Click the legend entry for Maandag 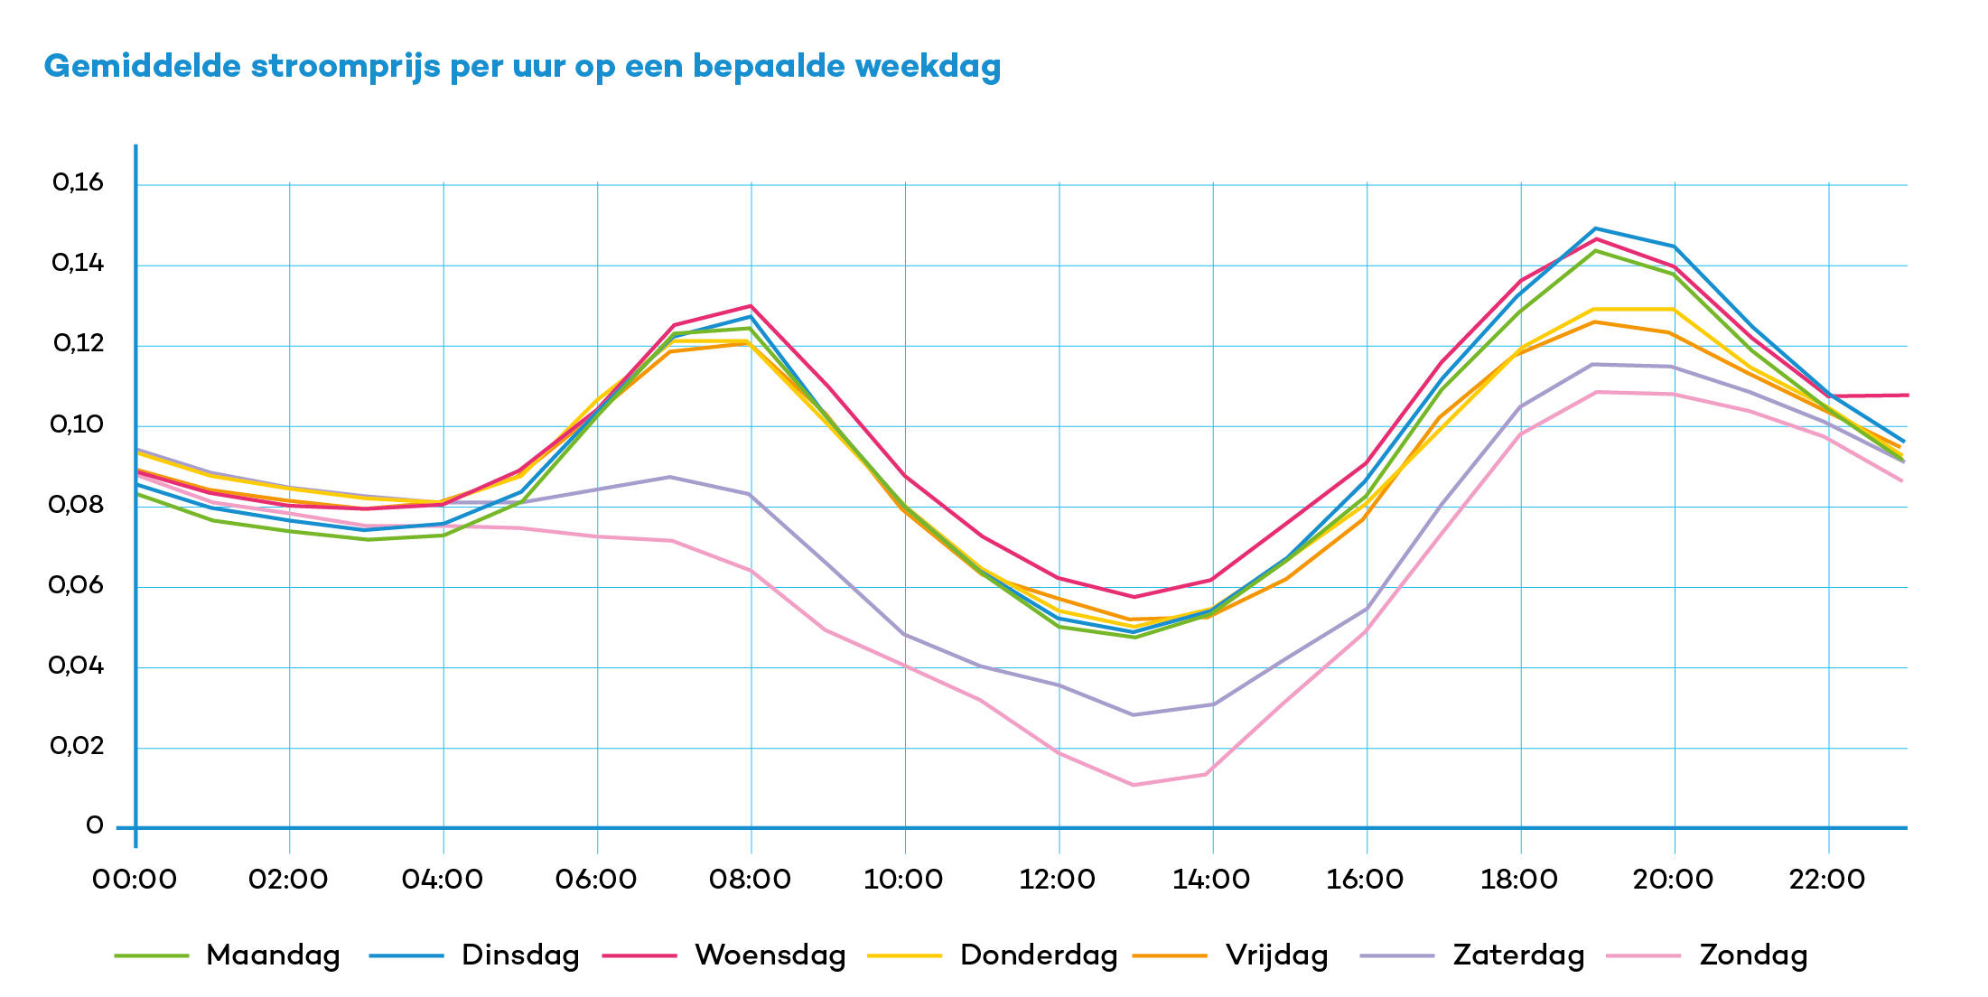click(273, 955)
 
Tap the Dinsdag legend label click(520, 955)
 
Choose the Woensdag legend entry click(770, 955)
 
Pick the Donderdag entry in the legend click(1039, 955)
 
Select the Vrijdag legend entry click(1276, 955)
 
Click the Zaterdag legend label click(1518, 955)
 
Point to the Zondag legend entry click(1753, 955)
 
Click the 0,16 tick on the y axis click(79, 183)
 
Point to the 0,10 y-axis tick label click(77, 424)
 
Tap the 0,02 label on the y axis click(77, 746)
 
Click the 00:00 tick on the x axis click(135, 879)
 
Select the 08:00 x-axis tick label click(750, 879)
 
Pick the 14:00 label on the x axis click(1211, 879)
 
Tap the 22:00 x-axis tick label click(1827, 879)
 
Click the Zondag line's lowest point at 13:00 click(1134, 785)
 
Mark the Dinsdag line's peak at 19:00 click(1596, 228)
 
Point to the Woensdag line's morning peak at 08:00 click(751, 306)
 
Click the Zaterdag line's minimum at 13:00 click(1134, 714)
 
